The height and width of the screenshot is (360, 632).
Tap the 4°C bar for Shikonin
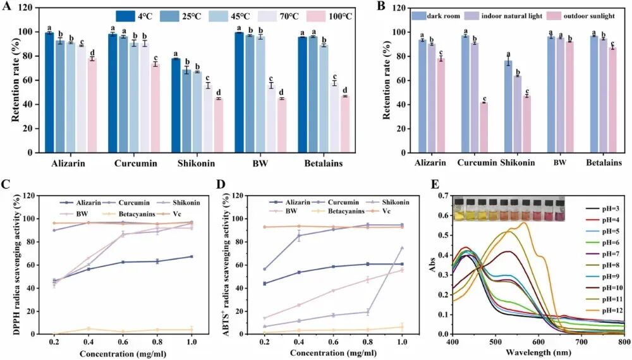[x=175, y=105]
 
